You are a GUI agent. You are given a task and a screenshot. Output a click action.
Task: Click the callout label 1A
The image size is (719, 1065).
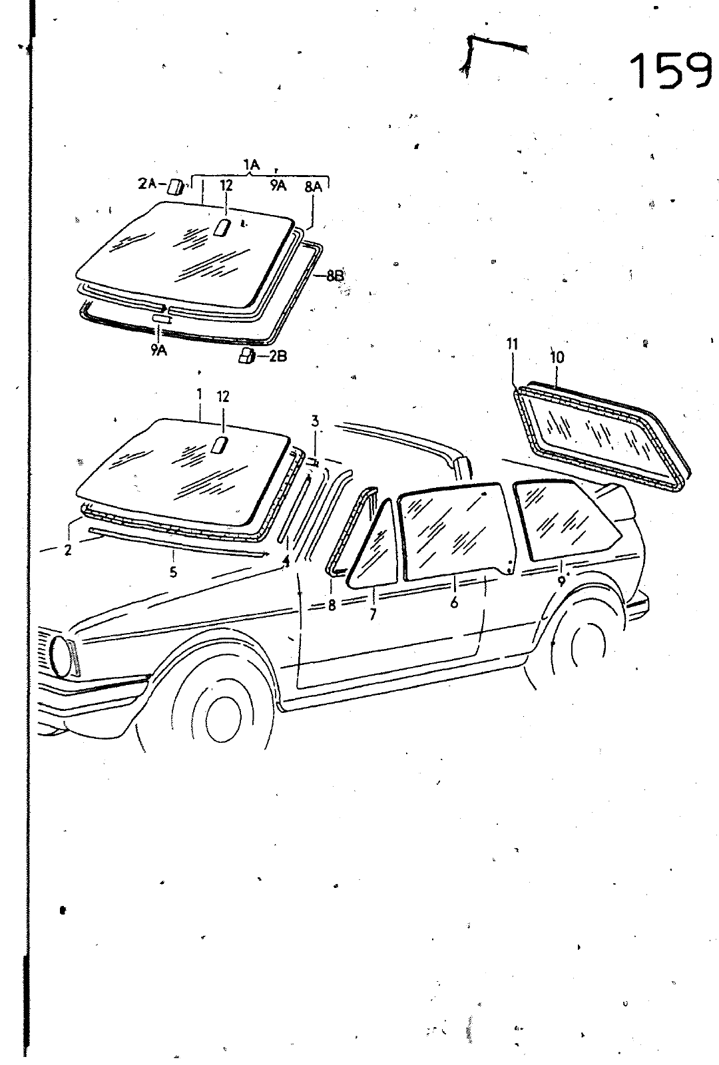point(251,164)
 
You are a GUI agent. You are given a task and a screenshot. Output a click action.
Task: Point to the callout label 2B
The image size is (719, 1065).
point(277,357)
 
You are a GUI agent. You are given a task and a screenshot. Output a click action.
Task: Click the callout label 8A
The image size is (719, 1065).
point(313,187)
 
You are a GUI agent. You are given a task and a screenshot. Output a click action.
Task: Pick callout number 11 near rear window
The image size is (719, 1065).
point(512,344)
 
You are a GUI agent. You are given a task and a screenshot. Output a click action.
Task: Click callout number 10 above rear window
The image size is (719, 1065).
point(557,357)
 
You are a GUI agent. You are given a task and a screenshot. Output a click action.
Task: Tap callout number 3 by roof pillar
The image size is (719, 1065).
point(315,421)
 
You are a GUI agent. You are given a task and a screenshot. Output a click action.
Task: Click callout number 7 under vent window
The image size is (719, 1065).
point(373,614)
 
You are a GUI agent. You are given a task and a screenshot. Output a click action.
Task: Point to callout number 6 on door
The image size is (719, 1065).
point(454,602)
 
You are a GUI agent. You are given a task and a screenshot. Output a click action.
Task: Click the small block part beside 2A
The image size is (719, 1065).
point(175,186)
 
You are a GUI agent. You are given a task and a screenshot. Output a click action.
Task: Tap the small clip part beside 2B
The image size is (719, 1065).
point(247,357)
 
